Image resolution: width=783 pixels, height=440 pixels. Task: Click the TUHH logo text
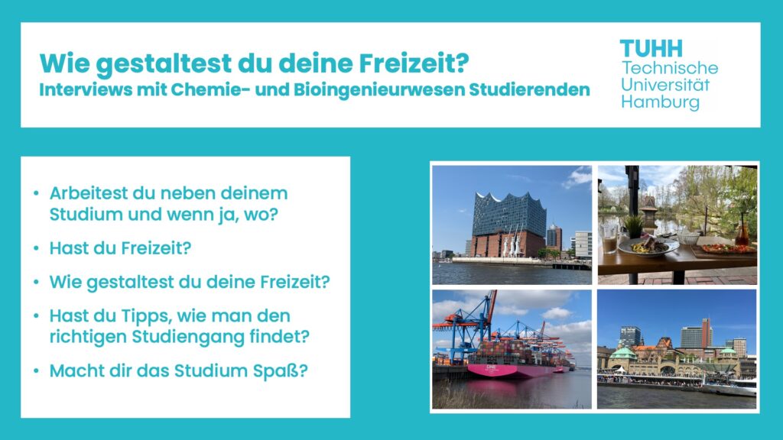pyautogui.click(x=651, y=49)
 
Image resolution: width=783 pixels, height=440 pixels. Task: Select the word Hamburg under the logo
pyautogui.click(x=660, y=103)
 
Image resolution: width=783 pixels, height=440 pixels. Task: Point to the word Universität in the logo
pyautogui.click(x=665, y=84)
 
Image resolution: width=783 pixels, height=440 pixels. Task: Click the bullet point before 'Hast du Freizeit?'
pyautogui.click(x=36, y=248)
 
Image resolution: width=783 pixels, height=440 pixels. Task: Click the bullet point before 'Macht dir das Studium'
pyautogui.click(x=36, y=370)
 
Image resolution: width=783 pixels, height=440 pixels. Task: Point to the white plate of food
pyautogui.click(x=648, y=247)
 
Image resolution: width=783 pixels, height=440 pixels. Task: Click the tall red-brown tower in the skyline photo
pyautogui.click(x=706, y=332)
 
